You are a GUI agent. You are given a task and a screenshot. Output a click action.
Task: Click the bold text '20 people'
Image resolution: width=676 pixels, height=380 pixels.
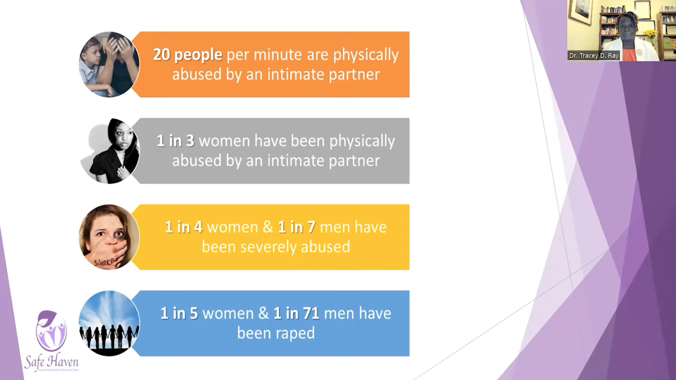pyautogui.click(x=187, y=55)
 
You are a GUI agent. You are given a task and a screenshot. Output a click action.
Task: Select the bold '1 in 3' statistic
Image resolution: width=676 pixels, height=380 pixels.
pyautogui.click(x=175, y=141)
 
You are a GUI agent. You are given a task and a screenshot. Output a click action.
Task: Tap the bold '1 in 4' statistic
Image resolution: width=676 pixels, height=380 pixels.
pyautogui.click(x=183, y=227)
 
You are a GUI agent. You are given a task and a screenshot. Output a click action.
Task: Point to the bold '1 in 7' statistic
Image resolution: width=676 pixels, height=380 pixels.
pyautogui.click(x=296, y=227)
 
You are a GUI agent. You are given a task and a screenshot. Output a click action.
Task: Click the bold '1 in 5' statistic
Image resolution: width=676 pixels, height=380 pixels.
pyautogui.click(x=179, y=314)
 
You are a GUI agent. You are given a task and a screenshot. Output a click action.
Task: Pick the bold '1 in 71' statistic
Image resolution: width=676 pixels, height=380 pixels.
pyautogui.click(x=296, y=314)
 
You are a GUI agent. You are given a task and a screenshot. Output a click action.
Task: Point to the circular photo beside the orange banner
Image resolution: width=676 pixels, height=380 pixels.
pyautogui.click(x=109, y=64)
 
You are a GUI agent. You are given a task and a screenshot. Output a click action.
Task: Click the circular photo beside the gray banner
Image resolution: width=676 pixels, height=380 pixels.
pyautogui.click(x=110, y=151)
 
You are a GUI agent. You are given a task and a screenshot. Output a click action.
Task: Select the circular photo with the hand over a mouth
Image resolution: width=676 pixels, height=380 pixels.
pyautogui.click(x=109, y=237)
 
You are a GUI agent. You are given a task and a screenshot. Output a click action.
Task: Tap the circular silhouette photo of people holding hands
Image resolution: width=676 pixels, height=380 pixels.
pyautogui.click(x=109, y=323)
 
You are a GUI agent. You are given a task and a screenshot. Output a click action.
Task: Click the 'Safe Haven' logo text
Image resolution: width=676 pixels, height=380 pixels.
pyautogui.click(x=51, y=362)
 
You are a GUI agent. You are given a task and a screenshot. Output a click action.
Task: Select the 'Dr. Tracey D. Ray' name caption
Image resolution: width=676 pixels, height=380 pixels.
pyautogui.click(x=594, y=56)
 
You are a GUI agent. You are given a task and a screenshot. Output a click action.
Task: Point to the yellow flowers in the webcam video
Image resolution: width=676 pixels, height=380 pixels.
pyautogui.click(x=650, y=34)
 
